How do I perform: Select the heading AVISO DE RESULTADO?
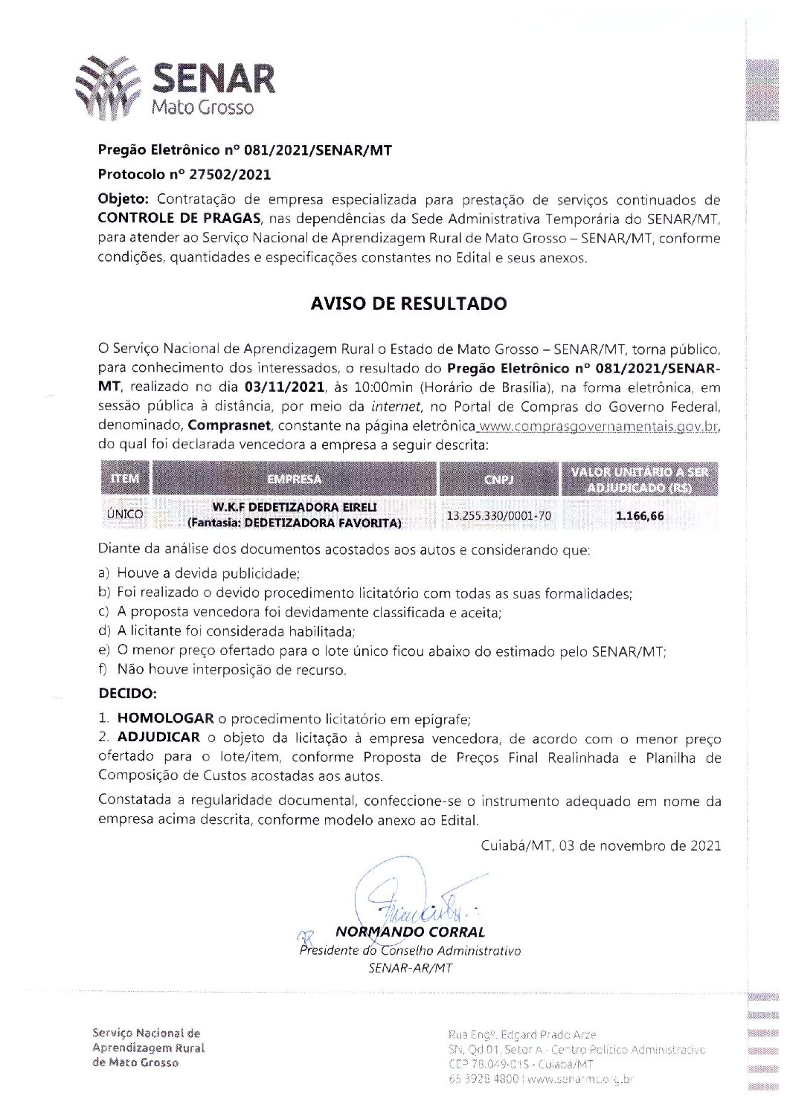[x=408, y=304]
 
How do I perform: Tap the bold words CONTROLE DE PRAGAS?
[x=179, y=219]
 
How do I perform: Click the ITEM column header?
[x=125, y=479]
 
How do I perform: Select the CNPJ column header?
[x=498, y=480]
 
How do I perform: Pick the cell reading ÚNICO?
[x=124, y=514]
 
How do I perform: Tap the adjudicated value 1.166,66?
[x=640, y=515]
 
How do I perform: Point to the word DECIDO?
[x=127, y=694]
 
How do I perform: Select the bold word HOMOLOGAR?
[x=166, y=720]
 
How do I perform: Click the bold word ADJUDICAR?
[x=158, y=738]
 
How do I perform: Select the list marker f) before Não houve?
[x=103, y=670]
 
